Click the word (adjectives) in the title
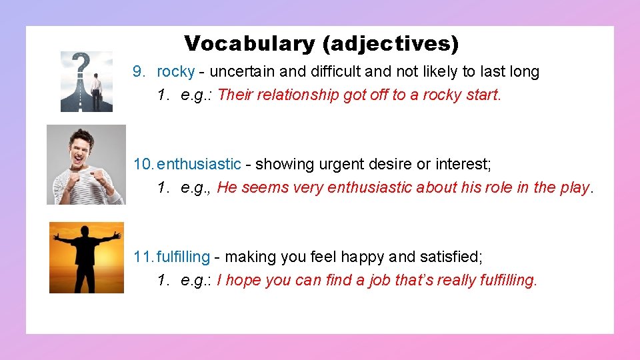pyautogui.click(x=391, y=44)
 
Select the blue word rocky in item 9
pyautogui.click(x=175, y=71)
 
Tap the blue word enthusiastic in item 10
pyautogui.click(x=199, y=164)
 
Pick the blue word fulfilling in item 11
pyautogui.click(x=183, y=257)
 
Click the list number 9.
pyautogui.click(x=139, y=71)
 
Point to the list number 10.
pyautogui.click(x=143, y=164)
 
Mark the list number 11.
pyautogui.click(x=143, y=257)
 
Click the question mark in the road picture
pyautogui.click(x=81, y=65)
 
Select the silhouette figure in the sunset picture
pyautogui.click(x=87, y=254)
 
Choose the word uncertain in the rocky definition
pyautogui.click(x=240, y=71)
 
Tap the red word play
pyautogui.click(x=575, y=188)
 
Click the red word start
pyautogui.click(x=483, y=95)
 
